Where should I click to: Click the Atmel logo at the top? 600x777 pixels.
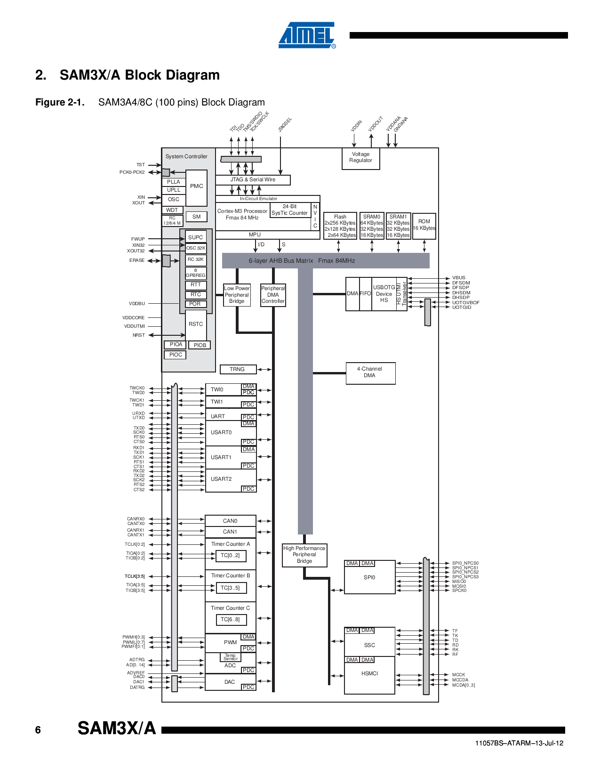[x=307, y=35]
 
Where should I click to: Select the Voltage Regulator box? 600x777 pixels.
[x=360, y=158]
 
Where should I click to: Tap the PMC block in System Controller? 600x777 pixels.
[x=196, y=186]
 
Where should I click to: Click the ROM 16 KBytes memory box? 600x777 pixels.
[x=424, y=226]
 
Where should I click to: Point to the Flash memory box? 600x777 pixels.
[x=340, y=226]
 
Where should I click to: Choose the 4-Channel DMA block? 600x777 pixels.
[x=370, y=372]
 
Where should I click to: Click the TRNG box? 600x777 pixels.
[x=238, y=369]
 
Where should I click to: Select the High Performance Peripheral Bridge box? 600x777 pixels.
[x=304, y=555]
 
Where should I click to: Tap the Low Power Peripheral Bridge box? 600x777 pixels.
[x=237, y=295]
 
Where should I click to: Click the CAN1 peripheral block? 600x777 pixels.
[x=230, y=532]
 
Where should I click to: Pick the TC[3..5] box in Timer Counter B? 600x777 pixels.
[x=230, y=588]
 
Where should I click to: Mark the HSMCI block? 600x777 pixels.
[x=369, y=674]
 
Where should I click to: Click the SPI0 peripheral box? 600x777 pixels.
[x=369, y=578]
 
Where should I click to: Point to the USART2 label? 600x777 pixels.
[x=221, y=479]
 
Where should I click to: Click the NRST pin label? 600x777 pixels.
[x=138, y=335]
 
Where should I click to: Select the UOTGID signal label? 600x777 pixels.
[x=462, y=308]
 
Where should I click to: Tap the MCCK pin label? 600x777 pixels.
[x=458, y=675]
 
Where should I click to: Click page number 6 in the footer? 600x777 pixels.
[x=38, y=730]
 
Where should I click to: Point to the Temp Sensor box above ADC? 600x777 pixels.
[x=231, y=657]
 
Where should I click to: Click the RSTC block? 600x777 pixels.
[x=196, y=324]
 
